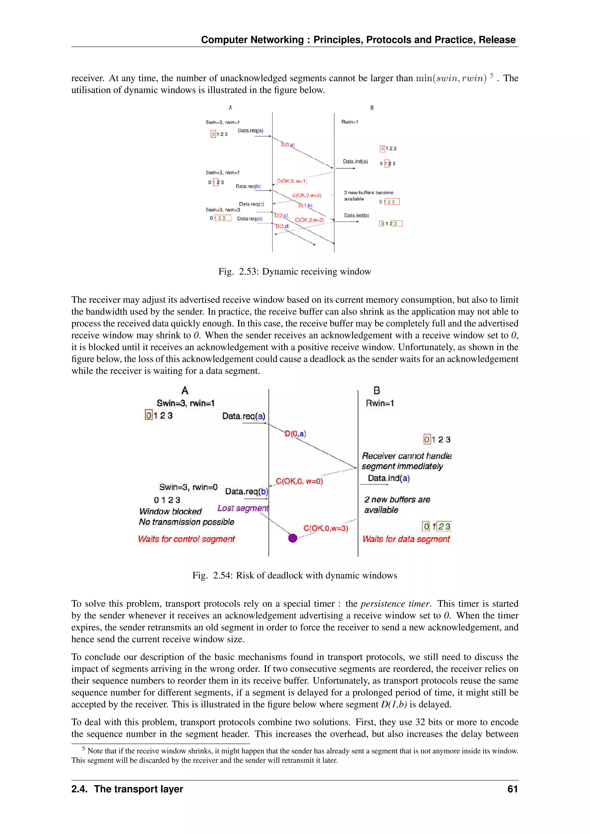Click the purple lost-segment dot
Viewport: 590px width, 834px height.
(x=292, y=538)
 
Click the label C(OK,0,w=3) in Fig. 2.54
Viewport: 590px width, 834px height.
(x=326, y=528)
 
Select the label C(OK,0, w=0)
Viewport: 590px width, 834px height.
(x=299, y=481)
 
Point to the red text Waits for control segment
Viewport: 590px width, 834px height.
(x=186, y=539)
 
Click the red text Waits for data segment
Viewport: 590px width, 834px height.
(x=406, y=539)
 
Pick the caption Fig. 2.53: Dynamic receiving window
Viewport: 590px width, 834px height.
(x=295, y=272)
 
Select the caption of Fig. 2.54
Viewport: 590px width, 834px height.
(x=295, y=575)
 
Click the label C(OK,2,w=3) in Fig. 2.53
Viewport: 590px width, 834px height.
(x=309, y=220)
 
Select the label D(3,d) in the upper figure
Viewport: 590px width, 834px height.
(x=282, y=226)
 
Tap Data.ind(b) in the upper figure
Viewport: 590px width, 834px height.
(x=356, y=215)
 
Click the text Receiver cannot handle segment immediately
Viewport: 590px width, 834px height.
(x=406, y=461)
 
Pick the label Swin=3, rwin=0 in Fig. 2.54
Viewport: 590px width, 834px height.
(x=188, y=487)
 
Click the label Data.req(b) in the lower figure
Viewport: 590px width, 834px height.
(x=246, y=492)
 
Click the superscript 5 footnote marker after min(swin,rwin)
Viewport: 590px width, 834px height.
(x=491, y=75)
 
